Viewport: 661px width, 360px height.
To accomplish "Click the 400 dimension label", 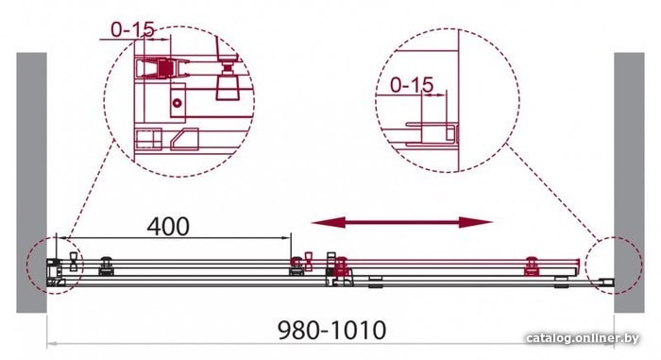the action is [x=168, y=227].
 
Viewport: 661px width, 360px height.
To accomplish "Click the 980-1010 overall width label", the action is [x=332, y=330].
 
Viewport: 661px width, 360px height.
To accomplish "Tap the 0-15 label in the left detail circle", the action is [x=132, y=29].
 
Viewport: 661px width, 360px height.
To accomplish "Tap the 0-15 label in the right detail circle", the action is [x=412, y=85].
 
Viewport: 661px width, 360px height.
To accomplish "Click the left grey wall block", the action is [x=31, y=182].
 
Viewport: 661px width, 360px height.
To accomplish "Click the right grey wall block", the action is [x=629, y=182].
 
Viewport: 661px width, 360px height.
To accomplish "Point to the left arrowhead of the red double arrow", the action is [x=329, y=222].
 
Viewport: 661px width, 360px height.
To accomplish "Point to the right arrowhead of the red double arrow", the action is [x=476, y=222].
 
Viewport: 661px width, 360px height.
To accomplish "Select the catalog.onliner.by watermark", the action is [x=583, y=338].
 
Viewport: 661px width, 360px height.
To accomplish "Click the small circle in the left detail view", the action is [x=178, y=103].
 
